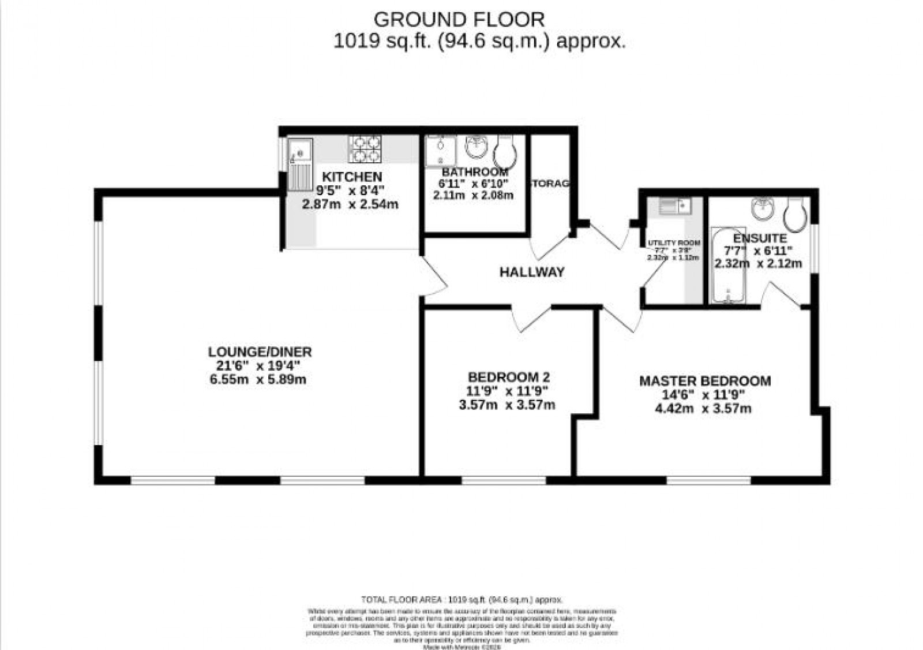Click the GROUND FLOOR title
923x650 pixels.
(x=459, y=20)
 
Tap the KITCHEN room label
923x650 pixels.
(x=351, y=177)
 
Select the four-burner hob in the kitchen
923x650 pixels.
(x=365, y=148)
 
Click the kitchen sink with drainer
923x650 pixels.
(x=299, y=163)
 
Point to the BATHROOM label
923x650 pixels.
(x=475, y=172)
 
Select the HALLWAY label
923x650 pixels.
(x=531, y=272)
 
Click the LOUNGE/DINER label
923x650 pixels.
(x=260, y=352)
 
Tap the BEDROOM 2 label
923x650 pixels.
(x=509, y=378)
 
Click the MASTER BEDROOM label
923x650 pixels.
(x=704, y=381)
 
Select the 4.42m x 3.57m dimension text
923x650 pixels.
(x=703, y=409)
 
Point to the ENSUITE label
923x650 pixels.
(x=759, y=238)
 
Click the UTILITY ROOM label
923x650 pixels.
(x=674, y=243)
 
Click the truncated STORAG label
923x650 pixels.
(x=550, y=184)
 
